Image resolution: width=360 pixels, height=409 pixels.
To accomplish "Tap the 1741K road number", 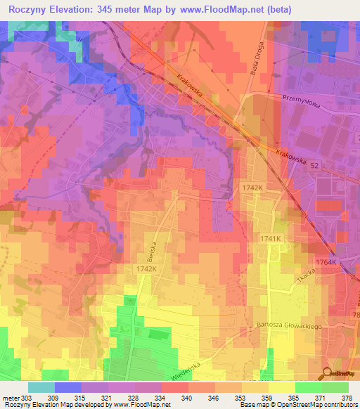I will pos(271,240).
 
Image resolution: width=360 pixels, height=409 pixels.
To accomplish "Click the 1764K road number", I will pos(327,262).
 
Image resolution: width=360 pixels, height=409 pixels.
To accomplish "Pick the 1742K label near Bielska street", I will pos(145,269).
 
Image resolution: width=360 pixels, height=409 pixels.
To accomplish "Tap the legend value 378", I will pos(347,398).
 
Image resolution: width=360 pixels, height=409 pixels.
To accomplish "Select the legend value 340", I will pos(188,398).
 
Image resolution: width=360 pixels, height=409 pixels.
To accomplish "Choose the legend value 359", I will pos(267,398).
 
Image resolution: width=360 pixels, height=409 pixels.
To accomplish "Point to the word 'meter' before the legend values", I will pos(11,398).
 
